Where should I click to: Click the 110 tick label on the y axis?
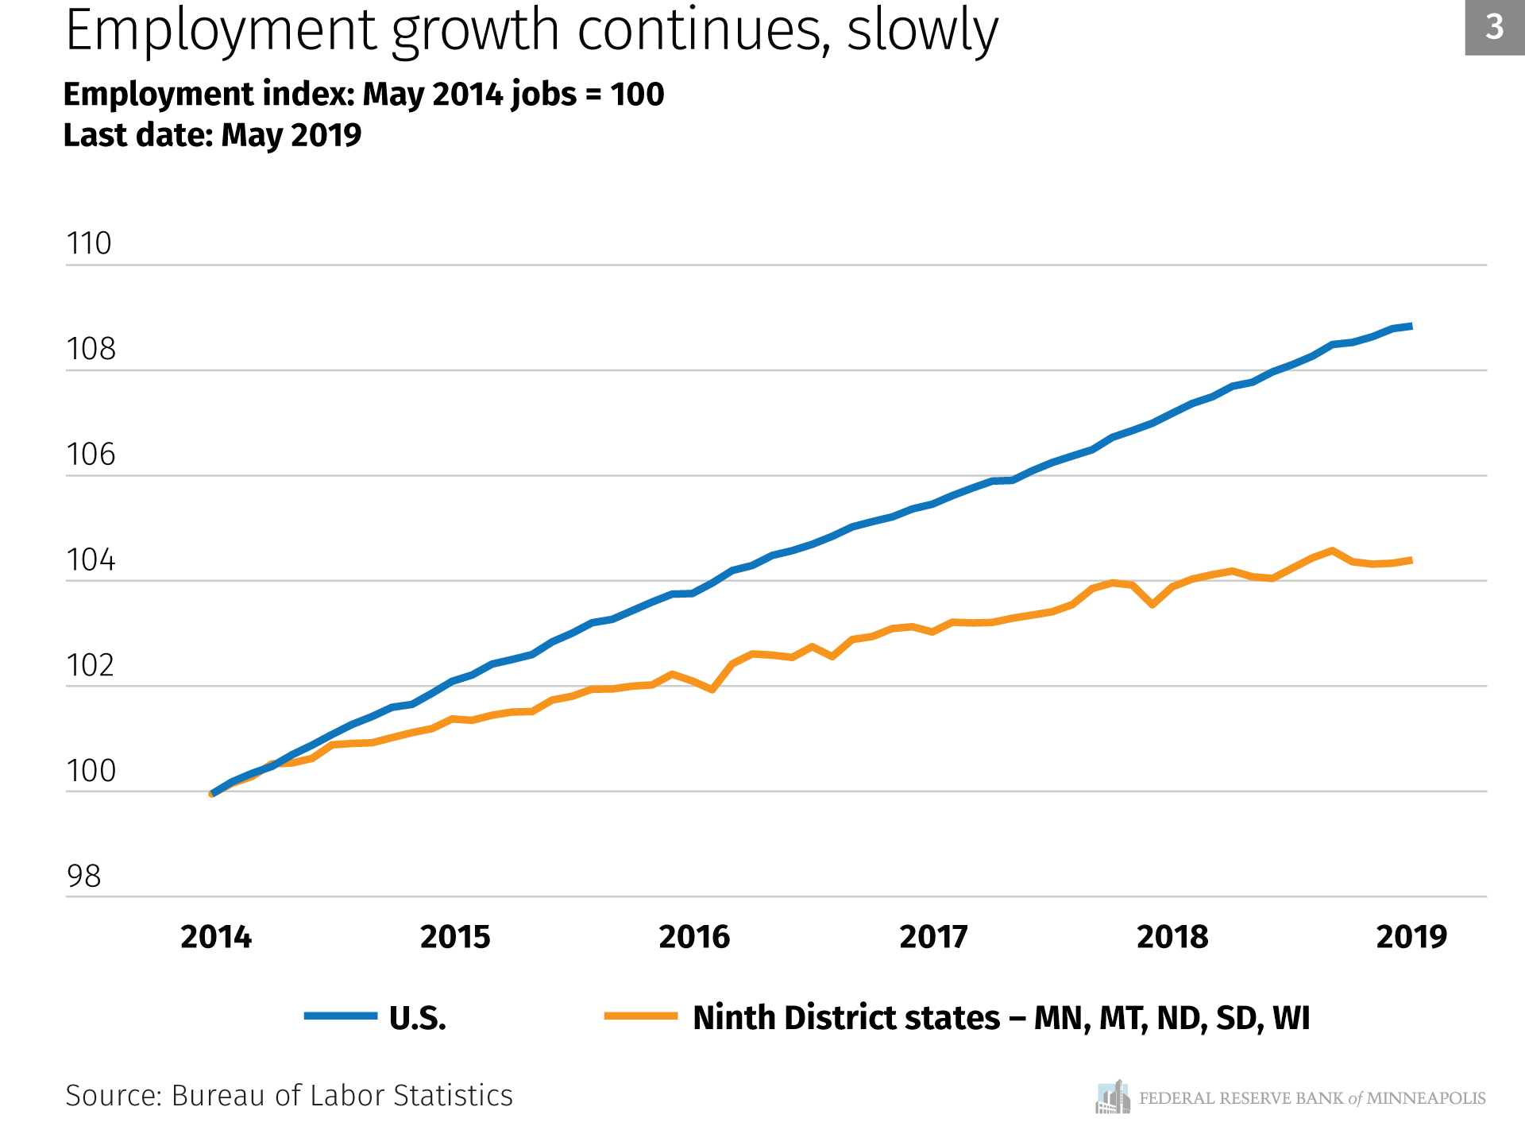(x=89, y=243)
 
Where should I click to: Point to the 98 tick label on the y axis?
(x=83, y=876)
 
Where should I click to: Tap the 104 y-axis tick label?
(x=91, y=559)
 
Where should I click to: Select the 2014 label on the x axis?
(x=216, y=937)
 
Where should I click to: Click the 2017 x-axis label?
(x=933, y=937)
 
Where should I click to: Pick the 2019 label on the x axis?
(x=1411, y=937)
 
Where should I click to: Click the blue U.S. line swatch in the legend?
(x=341, y=1016)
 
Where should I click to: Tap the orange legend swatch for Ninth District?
(x=640, y=1016)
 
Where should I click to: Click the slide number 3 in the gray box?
(x=1494, y=27)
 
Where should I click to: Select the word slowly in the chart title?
(x=922, y=30)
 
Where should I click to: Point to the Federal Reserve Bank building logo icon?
(x=1113, y=1097)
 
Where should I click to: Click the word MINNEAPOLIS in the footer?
(x=1426, y=1098)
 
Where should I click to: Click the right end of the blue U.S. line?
(x=1411, y=326)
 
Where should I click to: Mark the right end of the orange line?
(x=1411, y=560)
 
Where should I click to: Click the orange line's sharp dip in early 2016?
(x=712, y=689)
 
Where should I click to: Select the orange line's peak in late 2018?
(x=1332, y=551)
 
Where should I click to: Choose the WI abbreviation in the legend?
(x=1291, y=1018)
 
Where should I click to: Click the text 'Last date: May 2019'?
(x=212, y=135)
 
